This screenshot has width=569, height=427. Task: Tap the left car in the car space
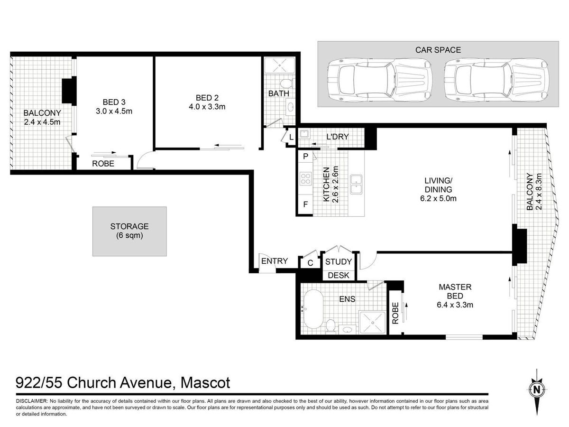[380, 80]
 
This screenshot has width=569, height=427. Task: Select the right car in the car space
[496, 80]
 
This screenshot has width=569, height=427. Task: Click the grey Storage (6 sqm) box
[129, 231]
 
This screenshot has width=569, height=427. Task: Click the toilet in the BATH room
[287, 83]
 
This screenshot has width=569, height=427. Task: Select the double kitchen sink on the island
[356, 185]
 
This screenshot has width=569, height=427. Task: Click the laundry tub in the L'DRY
[303, 134]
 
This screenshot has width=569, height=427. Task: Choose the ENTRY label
[274, 261]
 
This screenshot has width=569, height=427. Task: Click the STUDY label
[338, 262]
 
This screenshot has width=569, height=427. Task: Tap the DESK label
[338, 275]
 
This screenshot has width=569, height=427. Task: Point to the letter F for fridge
[306, 204]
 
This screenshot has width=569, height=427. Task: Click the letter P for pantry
[306, 157]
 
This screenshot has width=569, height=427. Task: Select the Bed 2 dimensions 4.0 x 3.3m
[207, 107]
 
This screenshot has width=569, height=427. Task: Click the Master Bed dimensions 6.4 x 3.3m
[455, 305]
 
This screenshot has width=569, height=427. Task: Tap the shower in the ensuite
[373, 322]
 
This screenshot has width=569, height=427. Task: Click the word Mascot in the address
[205, 383]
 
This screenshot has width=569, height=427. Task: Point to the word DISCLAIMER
[32, 401]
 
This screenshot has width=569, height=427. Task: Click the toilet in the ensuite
[330, 326]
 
